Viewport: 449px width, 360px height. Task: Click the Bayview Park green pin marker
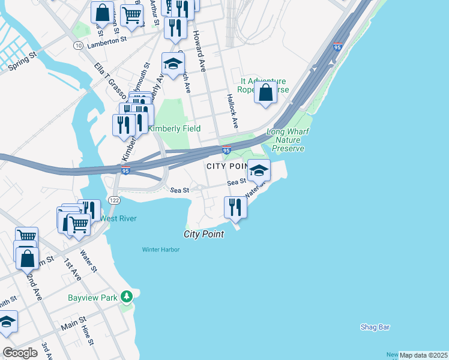point(126,296)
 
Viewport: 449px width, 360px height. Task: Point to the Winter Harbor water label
point(160,250)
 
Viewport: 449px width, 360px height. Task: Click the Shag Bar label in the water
point(375,327)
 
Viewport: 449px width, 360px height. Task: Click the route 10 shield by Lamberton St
point(78,46)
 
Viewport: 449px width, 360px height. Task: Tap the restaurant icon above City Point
point(235,207)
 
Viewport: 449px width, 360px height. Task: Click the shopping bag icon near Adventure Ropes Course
point(265,93)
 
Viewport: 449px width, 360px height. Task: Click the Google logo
point(20,352)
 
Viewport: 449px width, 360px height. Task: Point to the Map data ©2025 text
point(423,355)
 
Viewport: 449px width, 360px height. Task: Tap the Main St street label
point(73,326)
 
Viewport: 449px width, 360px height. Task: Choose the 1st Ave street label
point(73,271)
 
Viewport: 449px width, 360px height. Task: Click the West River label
point(118,218)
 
